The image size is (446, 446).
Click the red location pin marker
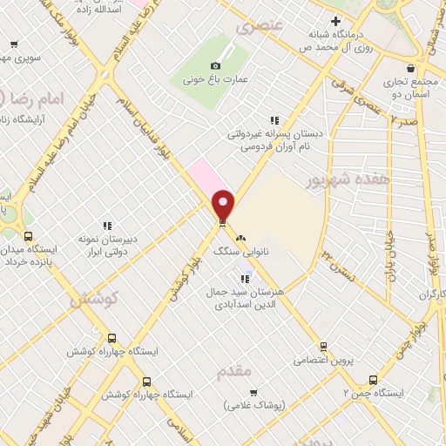coord(224,204)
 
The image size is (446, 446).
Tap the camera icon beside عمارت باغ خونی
coord(216,66)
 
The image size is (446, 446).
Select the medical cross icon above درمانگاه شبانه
coord(335,20)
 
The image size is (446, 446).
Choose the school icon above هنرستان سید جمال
coord(245,279)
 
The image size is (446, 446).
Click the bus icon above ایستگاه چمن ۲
coord(373,380)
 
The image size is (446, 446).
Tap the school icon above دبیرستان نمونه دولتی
coord(107,226)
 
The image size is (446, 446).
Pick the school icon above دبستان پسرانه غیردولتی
coord(274,120)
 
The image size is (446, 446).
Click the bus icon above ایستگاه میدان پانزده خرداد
coord(28,236)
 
